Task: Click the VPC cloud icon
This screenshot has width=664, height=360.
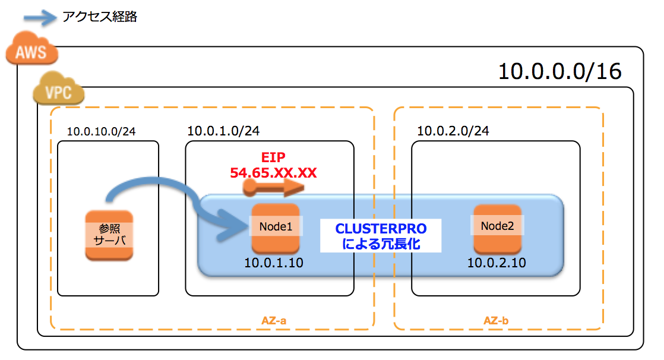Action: pos(58,91)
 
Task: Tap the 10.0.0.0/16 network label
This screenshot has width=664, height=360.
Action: pos(559,71)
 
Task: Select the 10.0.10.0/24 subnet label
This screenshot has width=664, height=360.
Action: pos(101,131)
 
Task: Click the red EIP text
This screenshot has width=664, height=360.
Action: pos(273,158)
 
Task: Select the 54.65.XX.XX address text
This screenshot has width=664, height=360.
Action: pos(273,173)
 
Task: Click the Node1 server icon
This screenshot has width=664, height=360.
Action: pos(276,228)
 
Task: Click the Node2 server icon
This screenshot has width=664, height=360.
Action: pos(497,228)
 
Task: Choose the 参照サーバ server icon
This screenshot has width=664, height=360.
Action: pos(109,235)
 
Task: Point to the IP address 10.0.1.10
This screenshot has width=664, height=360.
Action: pos(274,263)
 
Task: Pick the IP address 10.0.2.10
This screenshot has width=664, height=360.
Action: pos(496,262)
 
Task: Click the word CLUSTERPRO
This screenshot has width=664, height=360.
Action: pos(381,229)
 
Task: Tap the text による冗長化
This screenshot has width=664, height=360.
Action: pos(381,244)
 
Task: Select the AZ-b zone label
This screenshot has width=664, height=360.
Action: pos(496,321)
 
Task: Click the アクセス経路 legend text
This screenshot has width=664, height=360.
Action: pos(100,17)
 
